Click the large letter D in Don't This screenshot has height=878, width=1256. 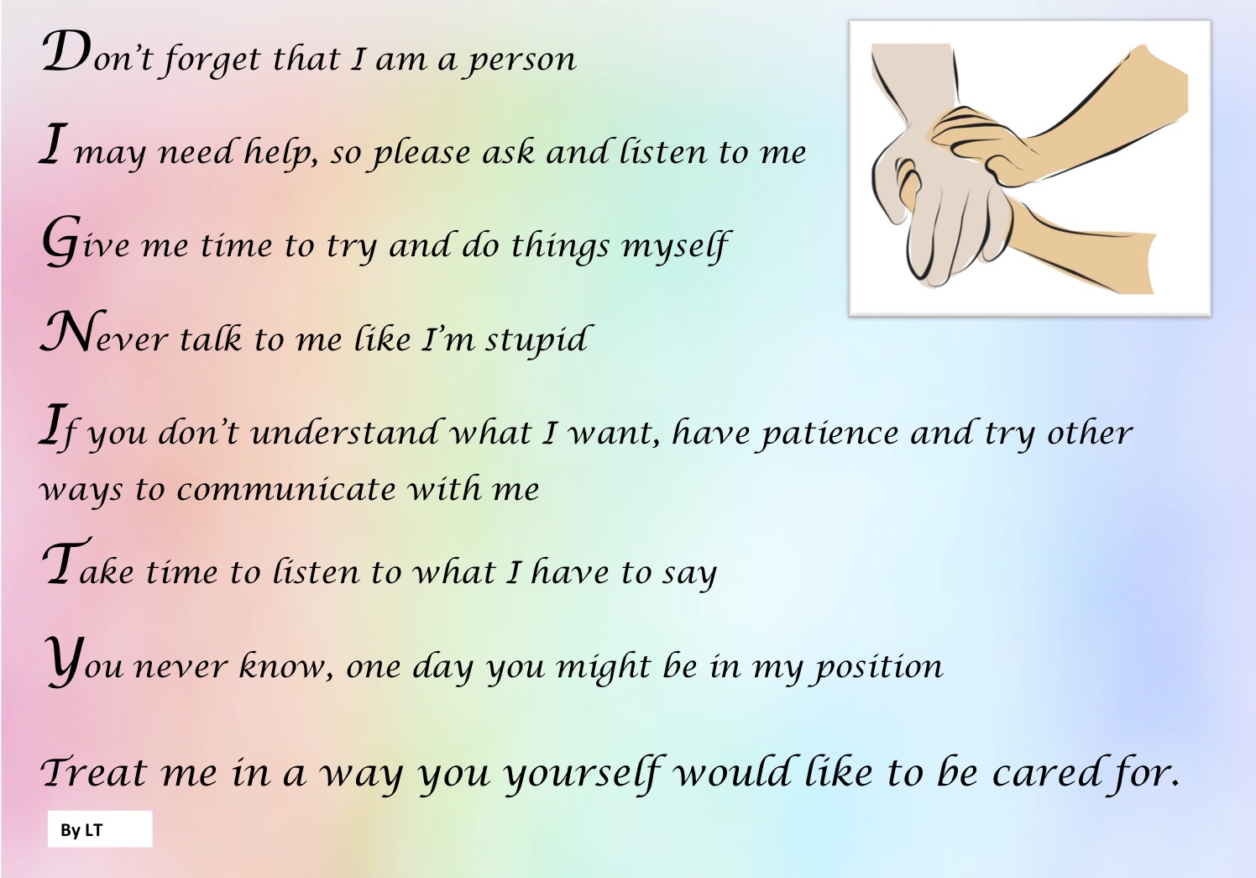66,51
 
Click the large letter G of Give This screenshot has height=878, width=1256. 60,241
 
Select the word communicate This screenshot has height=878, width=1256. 286,489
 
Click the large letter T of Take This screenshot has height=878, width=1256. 66,561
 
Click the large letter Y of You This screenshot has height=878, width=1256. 64,661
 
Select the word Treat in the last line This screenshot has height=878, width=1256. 94,772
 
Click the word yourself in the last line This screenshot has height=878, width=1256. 584,774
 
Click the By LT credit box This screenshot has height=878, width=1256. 100,828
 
